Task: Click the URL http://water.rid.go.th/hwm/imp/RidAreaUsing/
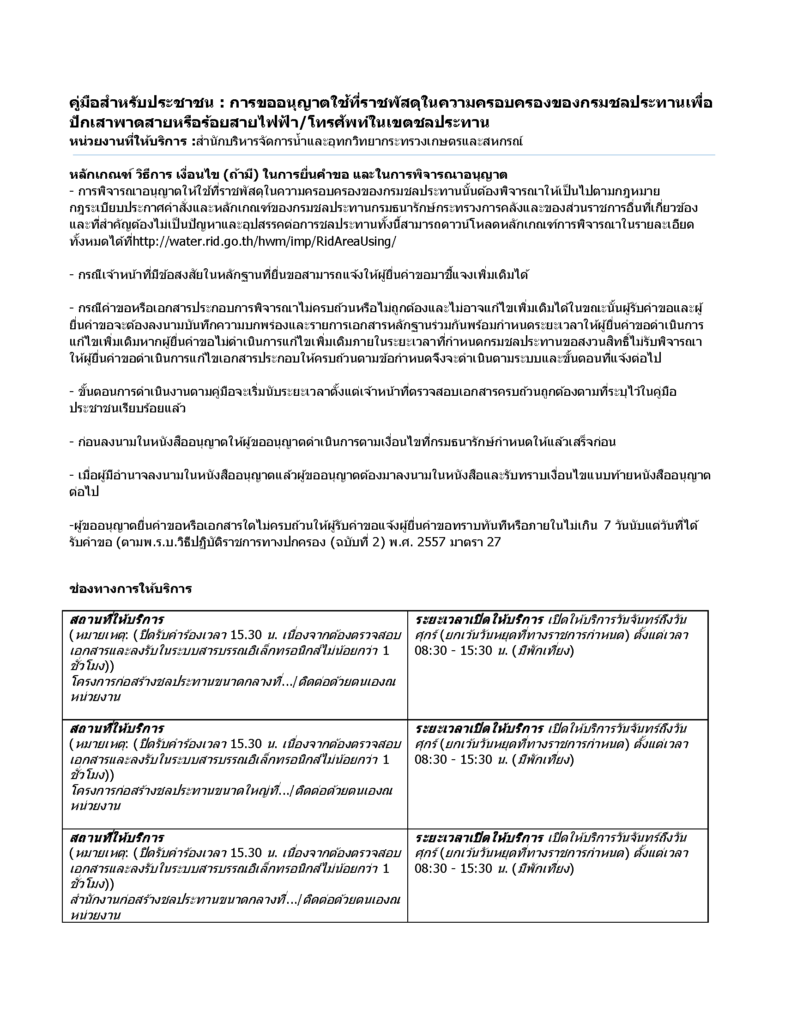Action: tap(265, 242)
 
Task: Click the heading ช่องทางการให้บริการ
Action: tap(131, 589)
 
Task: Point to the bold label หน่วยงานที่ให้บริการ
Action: tap(128, 141)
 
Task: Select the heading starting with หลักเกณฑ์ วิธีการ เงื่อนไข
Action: tap(288, 175)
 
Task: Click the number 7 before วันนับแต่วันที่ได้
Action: tap(606, 526)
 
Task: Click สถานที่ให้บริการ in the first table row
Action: tap(117, 620)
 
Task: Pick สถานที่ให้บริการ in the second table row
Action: tap(117, 728)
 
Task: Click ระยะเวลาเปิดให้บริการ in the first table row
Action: tap(479, 620)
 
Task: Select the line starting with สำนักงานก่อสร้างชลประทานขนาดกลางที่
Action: tap(184, 900)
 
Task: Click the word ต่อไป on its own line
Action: tap(84, 492)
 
